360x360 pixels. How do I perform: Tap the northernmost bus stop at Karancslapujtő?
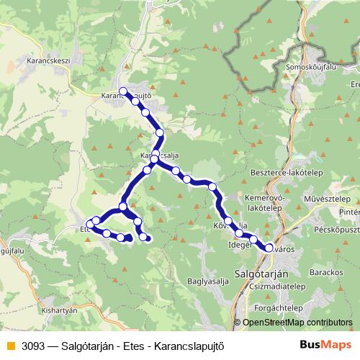(123, 91)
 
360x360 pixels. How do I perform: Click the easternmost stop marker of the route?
(269, 248)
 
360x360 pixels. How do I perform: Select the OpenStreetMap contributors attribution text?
(296, 323)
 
